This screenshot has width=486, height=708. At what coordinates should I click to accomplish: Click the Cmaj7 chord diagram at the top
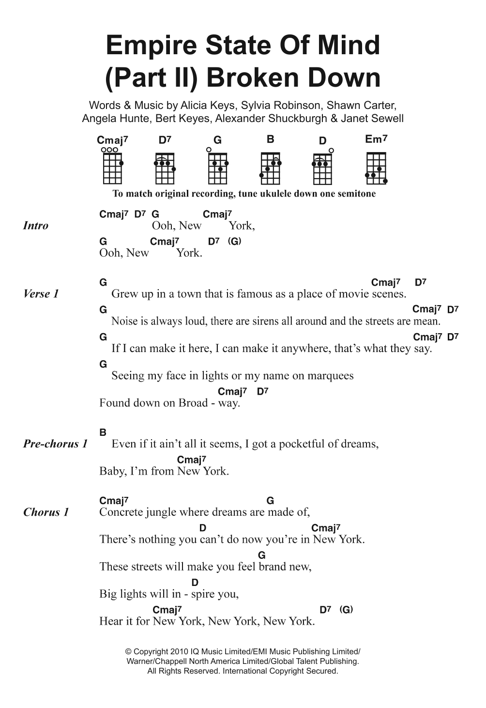tap(112, 167)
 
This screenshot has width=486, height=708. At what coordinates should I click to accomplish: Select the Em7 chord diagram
tap(376, 167)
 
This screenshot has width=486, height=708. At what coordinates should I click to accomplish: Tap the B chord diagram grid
tap(270, 167)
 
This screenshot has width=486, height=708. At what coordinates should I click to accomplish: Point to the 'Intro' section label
tap(36, 226)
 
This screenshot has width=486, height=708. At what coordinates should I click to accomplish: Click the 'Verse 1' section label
tap(41, 294)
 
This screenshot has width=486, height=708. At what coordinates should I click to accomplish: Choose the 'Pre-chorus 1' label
tap(56, 444)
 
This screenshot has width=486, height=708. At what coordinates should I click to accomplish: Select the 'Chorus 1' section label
tap(46, 512)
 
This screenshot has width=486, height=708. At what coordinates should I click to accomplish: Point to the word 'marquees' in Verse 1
tap(330, 376)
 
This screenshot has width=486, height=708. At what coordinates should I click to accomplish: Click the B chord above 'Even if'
tap(103, 432)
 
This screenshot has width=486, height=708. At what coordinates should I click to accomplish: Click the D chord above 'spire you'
tap(195, 583)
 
